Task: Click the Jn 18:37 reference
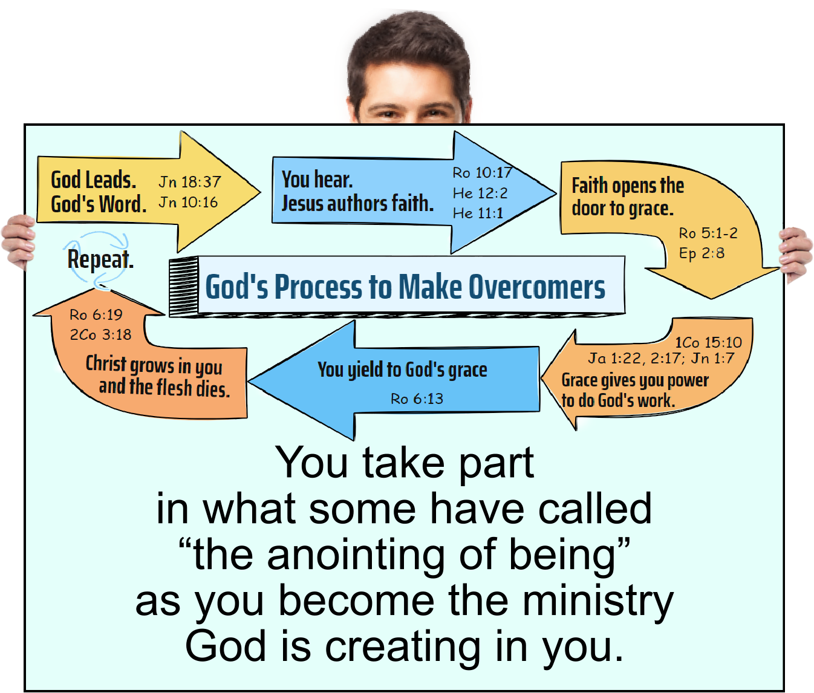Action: [x=190, y=182]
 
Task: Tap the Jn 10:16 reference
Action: [x=188, y=203]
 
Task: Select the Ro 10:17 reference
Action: [x=482, y=173]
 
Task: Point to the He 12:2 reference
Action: [x=480, y=194]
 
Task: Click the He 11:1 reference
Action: [x=478, y=213]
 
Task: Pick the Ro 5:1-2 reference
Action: [x=708, y=233]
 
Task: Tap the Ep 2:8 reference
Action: [x=702, y=253]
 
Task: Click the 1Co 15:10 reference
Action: [x=708, y=343]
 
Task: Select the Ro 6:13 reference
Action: [x=417, y=399]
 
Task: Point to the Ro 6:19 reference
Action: [x=96, y=315]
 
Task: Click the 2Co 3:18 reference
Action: [x=100, y=335]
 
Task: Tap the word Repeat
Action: [x=100, y=259]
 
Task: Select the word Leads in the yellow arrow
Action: [x=110, y=180]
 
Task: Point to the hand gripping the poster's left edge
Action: [x=17, y=242]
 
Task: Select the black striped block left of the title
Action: [x=183, y=286]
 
